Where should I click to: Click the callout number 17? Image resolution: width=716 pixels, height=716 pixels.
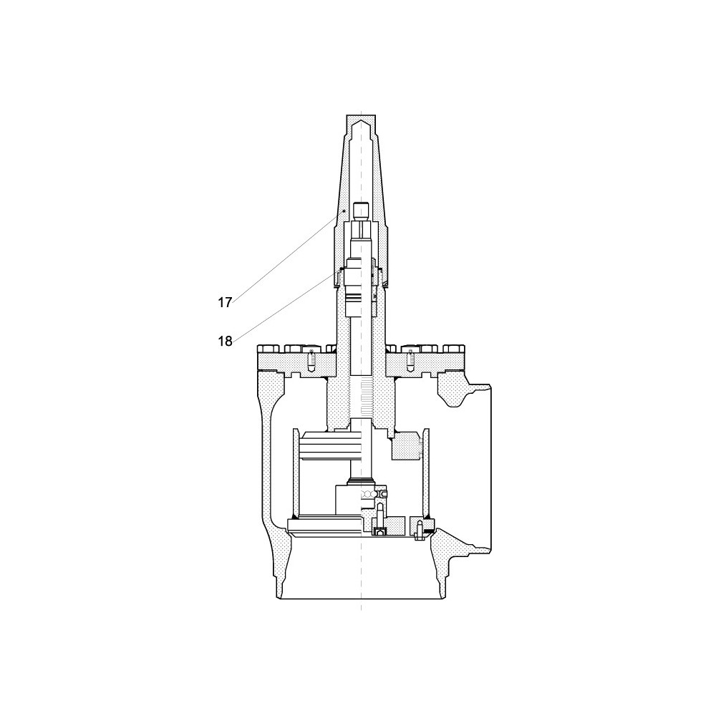click(x=225, y=303)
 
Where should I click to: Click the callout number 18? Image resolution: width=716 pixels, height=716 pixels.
click(x=225, y=341)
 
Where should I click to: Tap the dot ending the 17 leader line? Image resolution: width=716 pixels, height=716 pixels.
click(x=344, y=211)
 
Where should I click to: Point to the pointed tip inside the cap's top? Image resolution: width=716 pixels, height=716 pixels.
click(x=361, y=121)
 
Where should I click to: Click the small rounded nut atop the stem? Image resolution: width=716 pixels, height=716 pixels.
click(x=361, y=211)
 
